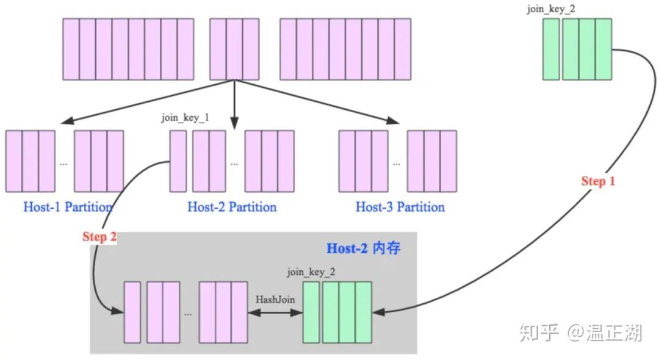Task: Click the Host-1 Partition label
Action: [68, 207]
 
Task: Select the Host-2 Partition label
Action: [232, 207]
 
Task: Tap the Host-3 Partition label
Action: [400, 207]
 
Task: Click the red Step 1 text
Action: [598, 181]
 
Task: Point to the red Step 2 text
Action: [99, 237]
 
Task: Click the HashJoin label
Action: [275, 300]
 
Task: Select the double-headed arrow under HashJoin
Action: [275, 312]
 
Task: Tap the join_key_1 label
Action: [185, 118]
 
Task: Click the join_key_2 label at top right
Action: [551, 10]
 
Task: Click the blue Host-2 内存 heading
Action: [364, 248]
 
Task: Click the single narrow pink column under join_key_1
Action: [178, 160]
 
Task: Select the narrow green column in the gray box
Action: [311, 312]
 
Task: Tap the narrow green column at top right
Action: [551, 49]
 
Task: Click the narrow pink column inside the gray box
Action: [132, 312]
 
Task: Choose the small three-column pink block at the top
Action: [234, 49]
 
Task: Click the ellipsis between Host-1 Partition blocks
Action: [64, 164]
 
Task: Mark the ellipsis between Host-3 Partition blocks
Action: [397, 164]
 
